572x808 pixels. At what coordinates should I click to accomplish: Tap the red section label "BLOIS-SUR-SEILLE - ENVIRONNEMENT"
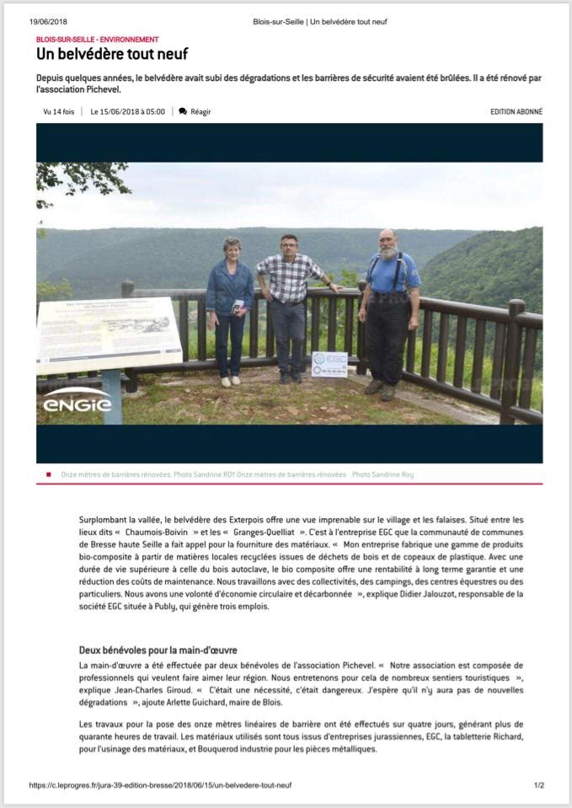coord(97,40)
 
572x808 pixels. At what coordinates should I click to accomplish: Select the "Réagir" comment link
coord(200,111)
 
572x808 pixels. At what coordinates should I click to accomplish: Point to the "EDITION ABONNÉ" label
coord(516,111)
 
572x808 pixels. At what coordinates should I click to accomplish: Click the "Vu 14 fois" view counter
coord(58,111)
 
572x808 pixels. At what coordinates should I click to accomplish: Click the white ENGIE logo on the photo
coord(78,399)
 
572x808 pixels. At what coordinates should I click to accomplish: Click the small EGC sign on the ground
coord(329,364)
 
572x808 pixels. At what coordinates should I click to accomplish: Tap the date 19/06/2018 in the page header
coord(48,21)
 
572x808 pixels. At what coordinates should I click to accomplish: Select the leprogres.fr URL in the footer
coord(160,785)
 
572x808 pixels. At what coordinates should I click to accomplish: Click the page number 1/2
coord(538,785)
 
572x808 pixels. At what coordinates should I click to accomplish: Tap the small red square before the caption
coord(49,474)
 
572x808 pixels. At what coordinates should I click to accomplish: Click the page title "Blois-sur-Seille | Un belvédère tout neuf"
coord(320,21)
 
